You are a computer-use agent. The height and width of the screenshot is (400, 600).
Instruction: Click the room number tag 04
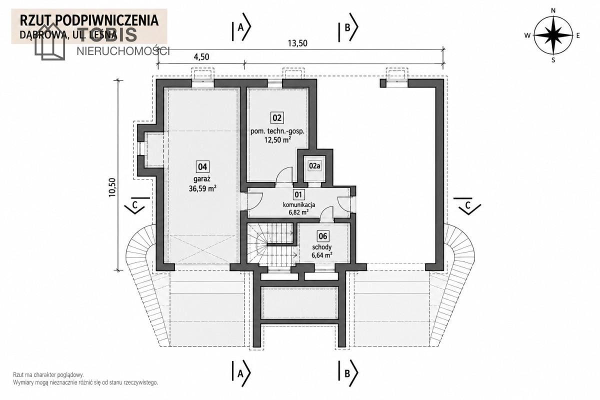pos(202,167)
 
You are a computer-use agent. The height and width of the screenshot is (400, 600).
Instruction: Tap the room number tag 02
pos(277,118)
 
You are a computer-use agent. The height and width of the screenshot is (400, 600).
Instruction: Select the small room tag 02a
pos(314,166)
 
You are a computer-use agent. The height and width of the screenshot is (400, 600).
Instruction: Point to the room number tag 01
pos(298,194)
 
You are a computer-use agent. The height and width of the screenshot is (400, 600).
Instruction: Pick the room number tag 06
pos(323,236)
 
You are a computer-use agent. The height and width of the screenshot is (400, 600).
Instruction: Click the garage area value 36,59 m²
pos(202,188)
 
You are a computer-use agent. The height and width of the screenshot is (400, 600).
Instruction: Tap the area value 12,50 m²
pos(277,140)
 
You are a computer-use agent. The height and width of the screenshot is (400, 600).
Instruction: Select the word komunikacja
pos(299,204)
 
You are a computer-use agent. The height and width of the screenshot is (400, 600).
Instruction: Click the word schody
pos(321,247)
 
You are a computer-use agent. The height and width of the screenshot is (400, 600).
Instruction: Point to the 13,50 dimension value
pos(297,43)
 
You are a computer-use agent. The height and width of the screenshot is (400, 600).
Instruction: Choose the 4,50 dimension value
pos(201,57)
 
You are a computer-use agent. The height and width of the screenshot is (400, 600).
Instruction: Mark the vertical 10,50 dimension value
pos(112,187)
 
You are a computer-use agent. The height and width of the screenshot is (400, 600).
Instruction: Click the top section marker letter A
pos(240,27)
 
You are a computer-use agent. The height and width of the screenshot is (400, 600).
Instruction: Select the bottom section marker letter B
pos(347,373)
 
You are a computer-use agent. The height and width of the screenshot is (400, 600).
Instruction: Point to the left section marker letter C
pos(134,205)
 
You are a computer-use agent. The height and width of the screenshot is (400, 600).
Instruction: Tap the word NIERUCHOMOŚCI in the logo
pos(123,51)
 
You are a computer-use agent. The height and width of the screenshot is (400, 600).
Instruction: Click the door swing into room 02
pos(283,175)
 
